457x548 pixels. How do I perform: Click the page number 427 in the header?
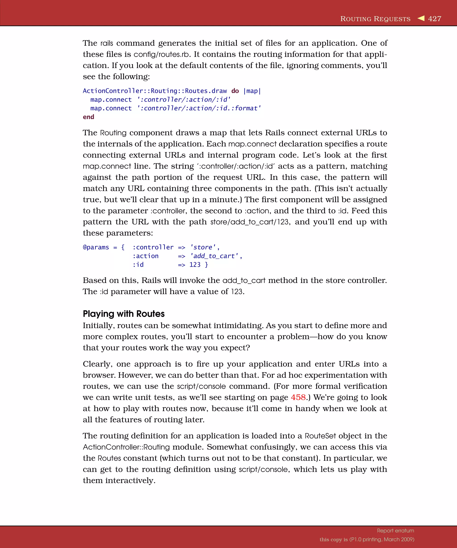point(434,19)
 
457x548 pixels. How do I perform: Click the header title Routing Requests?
point(375,19)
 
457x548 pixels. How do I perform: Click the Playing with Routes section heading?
point(124,314)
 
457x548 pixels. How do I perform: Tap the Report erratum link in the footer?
point(395,531)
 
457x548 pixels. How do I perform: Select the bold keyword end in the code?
point(88,117)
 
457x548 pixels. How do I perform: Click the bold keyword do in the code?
point(235,91)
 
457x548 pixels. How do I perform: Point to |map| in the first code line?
point(252,91)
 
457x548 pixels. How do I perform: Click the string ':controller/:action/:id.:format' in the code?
point(199,108)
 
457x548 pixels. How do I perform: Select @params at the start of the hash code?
point(96,247)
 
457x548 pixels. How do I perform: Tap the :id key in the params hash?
point(138,265)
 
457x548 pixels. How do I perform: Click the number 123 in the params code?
point(195,265)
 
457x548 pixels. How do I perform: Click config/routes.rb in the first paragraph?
point(161,54)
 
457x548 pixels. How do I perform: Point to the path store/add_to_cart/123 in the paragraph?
point(249,222)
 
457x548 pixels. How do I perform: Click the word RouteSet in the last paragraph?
point(320,436)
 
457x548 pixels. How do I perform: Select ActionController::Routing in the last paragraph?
point(126,447)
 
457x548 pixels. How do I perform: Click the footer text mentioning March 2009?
point(367,539)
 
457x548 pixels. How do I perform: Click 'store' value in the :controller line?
point(203,247)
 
